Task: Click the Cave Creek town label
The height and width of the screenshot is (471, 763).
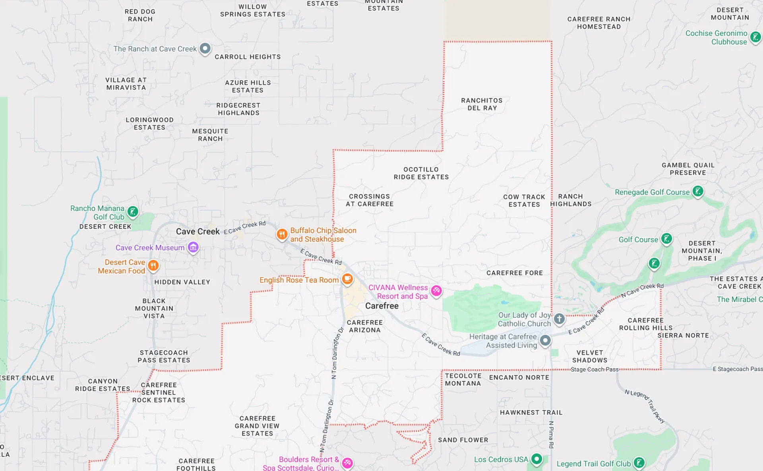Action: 198,232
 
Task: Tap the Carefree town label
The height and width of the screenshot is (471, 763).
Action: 381,306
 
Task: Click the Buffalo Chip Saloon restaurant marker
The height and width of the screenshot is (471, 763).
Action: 282,234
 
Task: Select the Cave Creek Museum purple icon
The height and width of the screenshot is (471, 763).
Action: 193,247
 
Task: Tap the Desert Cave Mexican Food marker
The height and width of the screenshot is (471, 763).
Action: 153,265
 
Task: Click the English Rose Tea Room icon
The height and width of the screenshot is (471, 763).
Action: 347,279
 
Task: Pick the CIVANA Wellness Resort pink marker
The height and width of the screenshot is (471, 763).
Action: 436,291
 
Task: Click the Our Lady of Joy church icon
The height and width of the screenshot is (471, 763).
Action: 559,319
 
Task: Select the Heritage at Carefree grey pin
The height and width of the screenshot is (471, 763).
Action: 545,340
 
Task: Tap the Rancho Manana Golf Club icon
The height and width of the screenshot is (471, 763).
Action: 133,212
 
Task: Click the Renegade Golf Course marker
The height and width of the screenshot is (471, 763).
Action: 698,191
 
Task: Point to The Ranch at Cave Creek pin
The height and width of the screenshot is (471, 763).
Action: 205,48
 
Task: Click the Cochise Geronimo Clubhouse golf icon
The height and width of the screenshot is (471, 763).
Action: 755,37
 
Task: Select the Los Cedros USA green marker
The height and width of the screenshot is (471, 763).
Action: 536,459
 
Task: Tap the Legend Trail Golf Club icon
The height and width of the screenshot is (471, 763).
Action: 639,463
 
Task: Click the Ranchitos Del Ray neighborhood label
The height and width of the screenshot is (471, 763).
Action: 482,104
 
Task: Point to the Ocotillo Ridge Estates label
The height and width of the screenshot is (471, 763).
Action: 421,173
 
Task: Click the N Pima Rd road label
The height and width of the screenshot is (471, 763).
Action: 551,434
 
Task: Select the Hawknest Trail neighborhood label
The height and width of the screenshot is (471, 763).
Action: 531,413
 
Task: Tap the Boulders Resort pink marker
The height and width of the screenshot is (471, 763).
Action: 347,463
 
